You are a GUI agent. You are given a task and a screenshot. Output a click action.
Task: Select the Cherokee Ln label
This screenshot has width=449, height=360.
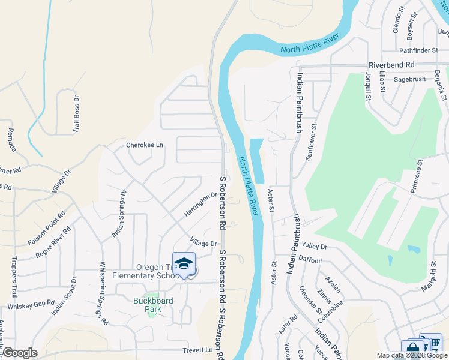click(144, 145)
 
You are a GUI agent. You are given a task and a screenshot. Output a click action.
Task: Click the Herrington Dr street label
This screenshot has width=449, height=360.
click(200, 205)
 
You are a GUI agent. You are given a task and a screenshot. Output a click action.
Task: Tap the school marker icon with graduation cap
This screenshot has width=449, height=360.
click(184, 264)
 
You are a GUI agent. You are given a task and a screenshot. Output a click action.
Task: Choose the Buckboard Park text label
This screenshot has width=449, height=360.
click(147, 305)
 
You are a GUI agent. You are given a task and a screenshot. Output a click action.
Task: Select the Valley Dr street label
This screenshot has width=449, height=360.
click(315, 247)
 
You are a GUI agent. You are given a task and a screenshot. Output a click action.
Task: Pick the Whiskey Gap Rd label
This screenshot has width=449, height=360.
click(31, 305)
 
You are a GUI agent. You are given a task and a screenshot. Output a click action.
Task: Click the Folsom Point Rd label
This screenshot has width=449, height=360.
click(46, 229)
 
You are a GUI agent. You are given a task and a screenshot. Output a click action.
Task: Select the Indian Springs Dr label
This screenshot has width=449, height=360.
click(118, 214)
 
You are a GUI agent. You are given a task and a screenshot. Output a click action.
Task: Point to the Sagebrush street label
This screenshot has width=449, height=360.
click(410, 79)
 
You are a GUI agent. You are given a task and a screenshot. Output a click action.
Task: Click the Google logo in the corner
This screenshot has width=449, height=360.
click(20, 353)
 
